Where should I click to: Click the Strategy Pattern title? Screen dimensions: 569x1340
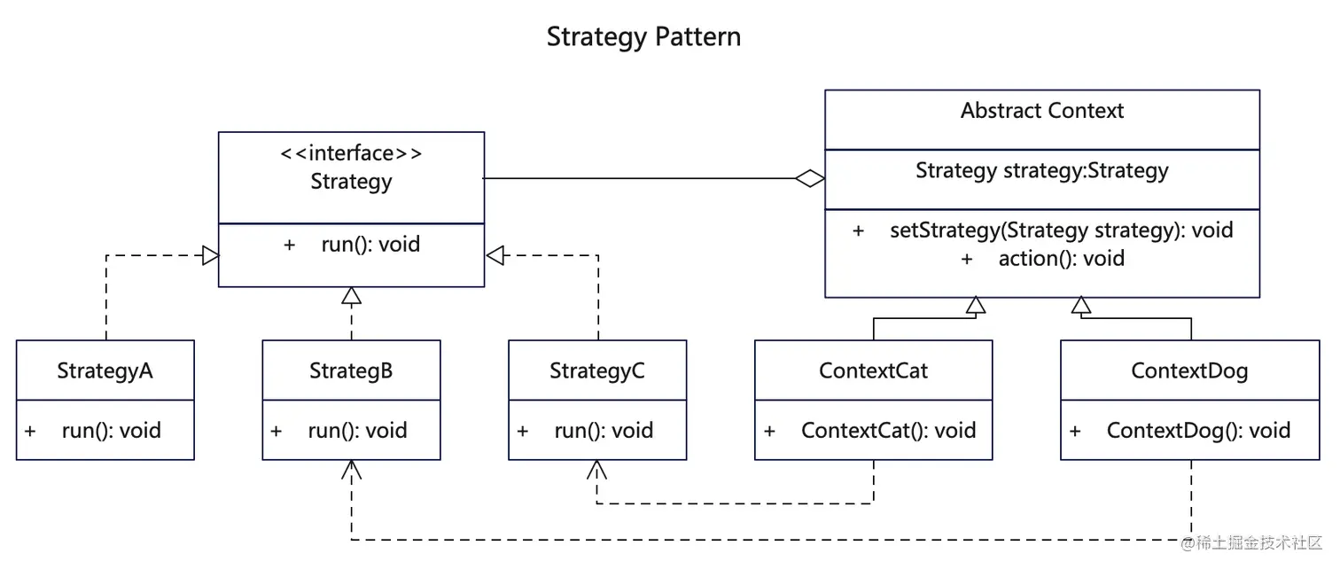point(643,37)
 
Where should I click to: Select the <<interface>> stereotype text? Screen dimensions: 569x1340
point(351,153)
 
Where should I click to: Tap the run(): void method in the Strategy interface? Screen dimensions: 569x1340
point(370,245)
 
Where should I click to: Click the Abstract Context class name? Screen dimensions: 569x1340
point(1042,111)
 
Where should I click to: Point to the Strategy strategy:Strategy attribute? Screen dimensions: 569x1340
point(1042,170)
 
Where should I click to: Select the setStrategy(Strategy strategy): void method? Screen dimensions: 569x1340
point(1061,230)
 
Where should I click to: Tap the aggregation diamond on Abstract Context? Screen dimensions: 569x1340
point(809,179)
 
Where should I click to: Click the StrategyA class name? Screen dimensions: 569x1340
point(105,370)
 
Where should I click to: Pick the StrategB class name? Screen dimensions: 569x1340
point(351,370)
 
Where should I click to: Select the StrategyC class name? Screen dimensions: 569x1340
point(597,370)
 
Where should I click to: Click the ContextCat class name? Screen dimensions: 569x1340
point(873,370)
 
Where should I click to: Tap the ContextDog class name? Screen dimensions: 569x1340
point(1189,370)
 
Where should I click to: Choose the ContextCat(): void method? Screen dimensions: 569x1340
point(888,431)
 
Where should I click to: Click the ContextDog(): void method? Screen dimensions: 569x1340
point(1198,431)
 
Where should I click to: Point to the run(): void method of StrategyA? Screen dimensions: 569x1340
point(111,431)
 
